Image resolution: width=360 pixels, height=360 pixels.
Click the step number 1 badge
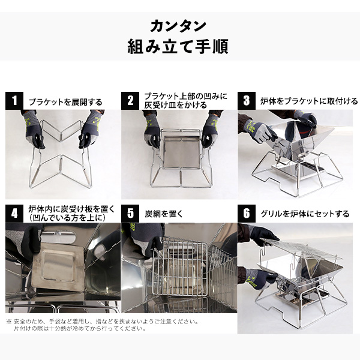(x=14, y=101)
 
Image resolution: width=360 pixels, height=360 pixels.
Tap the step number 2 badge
(x=130, y=101)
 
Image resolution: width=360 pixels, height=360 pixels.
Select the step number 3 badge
(x=247, y=101)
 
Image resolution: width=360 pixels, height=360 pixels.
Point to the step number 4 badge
(x=14, y=214)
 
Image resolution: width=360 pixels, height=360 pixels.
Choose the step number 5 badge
(x=130, y=214)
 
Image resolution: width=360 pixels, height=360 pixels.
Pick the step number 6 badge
(x=247, y=214)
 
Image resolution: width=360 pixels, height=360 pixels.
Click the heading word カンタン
(x=178, y=26)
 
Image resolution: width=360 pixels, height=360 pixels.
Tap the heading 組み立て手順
(x=178, y=46)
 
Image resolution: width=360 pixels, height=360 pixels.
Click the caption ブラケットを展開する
(x=65, y=102)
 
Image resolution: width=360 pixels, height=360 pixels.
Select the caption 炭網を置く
(x=164, y=214)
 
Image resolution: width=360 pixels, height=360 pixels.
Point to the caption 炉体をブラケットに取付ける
(x=309, y=101)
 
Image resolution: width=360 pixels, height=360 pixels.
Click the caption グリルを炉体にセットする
(x=305, y=214)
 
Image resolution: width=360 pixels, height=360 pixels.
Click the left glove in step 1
(x=33, y=129)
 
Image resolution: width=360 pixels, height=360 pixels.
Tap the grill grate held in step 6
(x=301, y=248)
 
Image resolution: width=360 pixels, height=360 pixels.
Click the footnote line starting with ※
(x=103, y=322)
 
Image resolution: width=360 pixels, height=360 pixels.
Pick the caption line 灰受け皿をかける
(x=176, y=105)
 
